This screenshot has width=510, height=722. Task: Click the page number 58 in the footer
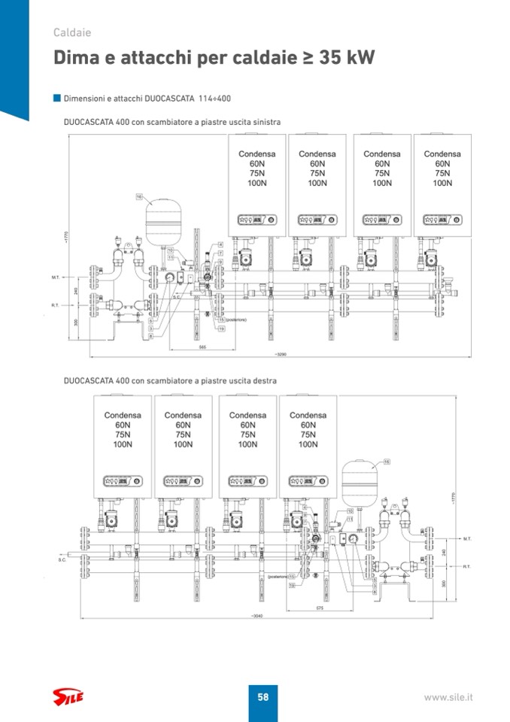263,697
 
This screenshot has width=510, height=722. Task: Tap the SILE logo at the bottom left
68,698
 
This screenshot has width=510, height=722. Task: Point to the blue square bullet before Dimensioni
56,98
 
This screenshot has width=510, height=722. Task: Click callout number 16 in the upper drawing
139,196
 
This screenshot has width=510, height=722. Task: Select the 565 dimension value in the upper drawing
202,348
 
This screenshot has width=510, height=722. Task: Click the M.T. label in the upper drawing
55,277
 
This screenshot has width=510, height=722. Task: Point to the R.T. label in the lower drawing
466,566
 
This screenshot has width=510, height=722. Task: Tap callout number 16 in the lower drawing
387,462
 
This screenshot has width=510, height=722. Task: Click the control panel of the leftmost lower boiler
123,480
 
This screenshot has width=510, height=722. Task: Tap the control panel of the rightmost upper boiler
442,220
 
